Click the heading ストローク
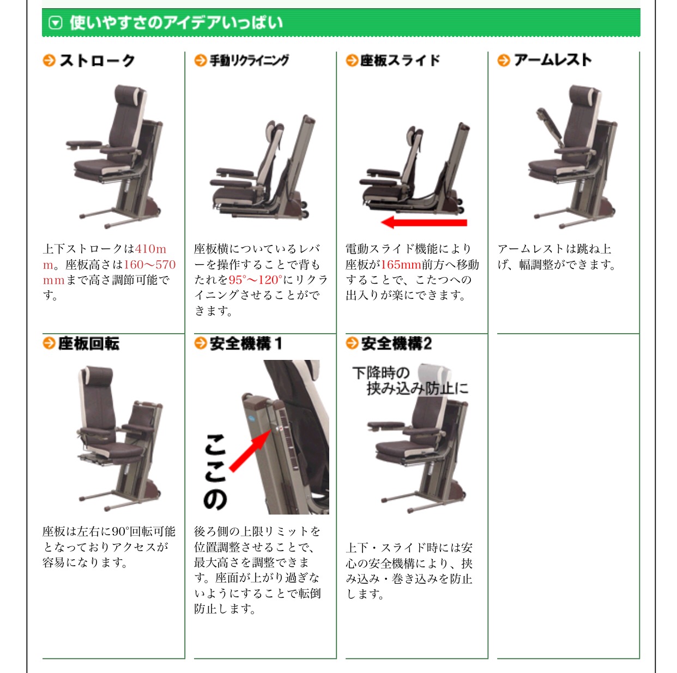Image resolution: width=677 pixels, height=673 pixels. [98, 60]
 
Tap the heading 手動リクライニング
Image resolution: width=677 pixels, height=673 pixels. [249, 60]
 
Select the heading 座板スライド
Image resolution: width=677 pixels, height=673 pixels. [400, 60]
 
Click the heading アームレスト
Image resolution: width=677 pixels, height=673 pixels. [553, 60]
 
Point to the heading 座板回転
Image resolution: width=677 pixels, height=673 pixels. [88, 344]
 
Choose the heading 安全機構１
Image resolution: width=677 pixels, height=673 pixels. [246, 344]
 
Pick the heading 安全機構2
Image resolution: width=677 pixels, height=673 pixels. [396, 344]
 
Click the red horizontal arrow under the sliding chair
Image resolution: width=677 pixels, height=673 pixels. [424, 222]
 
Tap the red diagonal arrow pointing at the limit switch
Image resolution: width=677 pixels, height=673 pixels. [251, 450]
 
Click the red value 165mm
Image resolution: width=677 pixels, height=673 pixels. [401, 265]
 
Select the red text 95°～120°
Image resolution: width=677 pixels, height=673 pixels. [256, 280]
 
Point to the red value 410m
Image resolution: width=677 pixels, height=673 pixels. [150, 249]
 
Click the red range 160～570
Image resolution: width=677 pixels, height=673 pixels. [149, 265]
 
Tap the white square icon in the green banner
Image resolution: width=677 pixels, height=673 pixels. [56, 23]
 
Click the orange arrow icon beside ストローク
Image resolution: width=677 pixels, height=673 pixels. [49, 60]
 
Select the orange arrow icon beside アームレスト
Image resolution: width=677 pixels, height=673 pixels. [504, 60]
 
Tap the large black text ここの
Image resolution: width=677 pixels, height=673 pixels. [215, 472]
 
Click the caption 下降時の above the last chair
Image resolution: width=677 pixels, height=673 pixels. [381, 372]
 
